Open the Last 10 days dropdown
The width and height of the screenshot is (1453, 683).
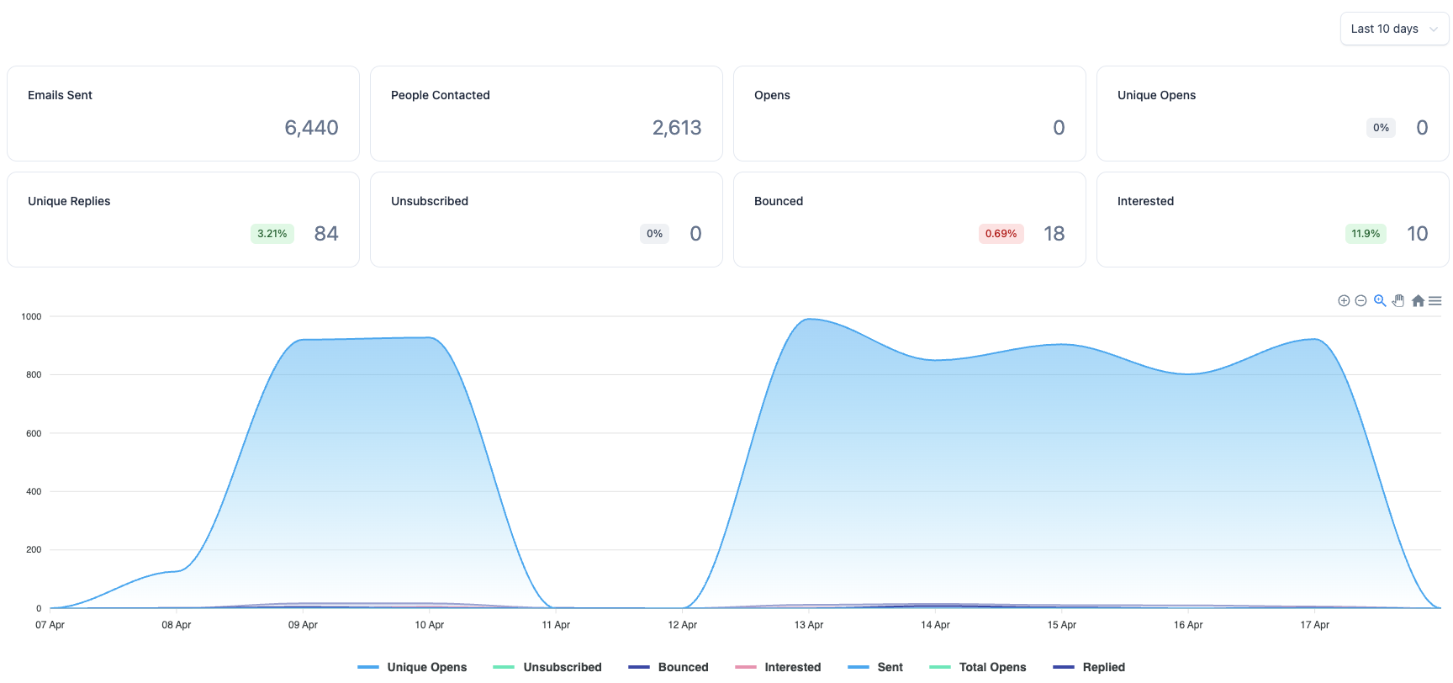point(1394,29)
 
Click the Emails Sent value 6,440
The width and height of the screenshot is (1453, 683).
point(311,128)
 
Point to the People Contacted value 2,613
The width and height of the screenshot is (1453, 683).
point(677,128)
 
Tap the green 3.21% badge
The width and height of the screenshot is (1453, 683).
point(272,234)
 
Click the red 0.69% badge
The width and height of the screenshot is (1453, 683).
point(1001,234)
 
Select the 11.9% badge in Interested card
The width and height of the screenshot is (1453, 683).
point(1366,234)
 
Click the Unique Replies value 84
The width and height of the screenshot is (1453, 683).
point(326,234)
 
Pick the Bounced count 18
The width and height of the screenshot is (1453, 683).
point(1054,234)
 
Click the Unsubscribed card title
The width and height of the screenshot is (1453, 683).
point(430,201)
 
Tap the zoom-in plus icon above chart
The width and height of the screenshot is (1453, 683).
point(1344,300)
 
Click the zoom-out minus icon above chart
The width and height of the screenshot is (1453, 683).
point(1361,300)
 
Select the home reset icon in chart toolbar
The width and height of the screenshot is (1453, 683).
point(1418,300)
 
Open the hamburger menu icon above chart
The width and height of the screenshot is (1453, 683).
point(1435,300)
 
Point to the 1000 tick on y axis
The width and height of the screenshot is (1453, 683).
point(31,316)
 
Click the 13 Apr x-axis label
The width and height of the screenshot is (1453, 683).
point(809,625)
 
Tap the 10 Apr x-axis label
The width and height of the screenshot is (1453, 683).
point(430,625)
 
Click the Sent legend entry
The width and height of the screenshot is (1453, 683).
point(875,667)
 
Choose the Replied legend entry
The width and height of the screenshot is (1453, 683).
point(1089,667)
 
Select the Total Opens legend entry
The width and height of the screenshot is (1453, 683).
point(978,667)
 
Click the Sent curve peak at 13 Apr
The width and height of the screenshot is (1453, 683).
point(809,319)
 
